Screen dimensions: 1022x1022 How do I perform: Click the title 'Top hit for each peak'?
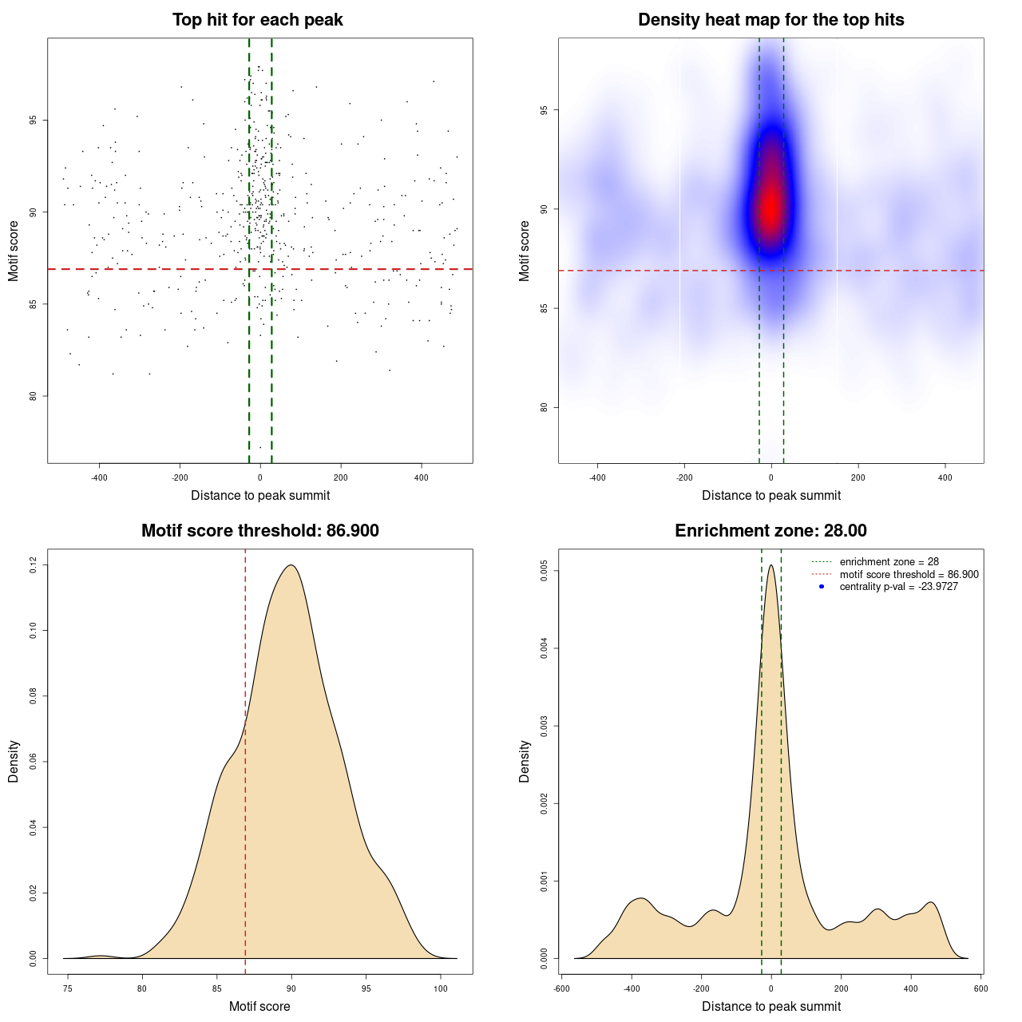click(x=257, y=20)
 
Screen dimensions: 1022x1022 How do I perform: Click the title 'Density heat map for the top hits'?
click(x=770, y=20)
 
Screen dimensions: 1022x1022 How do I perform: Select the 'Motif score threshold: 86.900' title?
click(x=259, y=531)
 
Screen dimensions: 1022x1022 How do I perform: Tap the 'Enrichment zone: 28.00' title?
click(x=770, y=531)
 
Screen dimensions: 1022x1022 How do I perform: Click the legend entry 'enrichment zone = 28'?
click(x=889, y=562)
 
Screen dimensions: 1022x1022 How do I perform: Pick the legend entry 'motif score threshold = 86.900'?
click(x=909, y=574)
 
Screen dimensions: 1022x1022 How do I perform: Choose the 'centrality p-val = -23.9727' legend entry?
click(x=898, y=587)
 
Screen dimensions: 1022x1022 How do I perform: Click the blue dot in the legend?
click(x=822, y=587)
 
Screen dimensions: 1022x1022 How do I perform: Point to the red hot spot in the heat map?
click(x=770, y=208)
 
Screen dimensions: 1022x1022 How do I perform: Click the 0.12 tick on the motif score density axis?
click(x=33, y=565)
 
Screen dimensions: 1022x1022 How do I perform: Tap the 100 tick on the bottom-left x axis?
click(x=441, y=988)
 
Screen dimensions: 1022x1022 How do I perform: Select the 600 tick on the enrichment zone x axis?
click(x=981, y=988)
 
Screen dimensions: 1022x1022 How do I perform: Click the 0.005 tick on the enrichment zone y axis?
click(x=544, y=571)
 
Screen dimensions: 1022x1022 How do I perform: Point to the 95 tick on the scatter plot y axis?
click(x=33, y=121)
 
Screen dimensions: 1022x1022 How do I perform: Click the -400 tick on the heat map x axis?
click(x=597, y=477)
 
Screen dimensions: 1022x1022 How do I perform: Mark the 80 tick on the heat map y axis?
click(x=544, y=407)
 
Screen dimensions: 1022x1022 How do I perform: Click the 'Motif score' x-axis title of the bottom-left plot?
click(x=259, y=1006)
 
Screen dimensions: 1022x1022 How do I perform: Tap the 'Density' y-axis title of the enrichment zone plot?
click(x=525, y=761)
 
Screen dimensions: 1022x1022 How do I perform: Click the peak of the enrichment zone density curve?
click(x=771, y=565)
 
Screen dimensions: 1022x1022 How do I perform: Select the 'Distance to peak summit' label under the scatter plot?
click(x=260, y=495)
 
